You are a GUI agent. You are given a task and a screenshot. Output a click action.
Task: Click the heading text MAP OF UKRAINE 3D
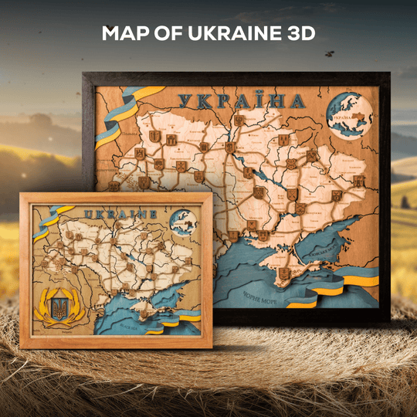[x=208, y=34]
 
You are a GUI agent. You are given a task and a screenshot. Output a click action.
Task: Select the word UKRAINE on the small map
[x=120, y=213]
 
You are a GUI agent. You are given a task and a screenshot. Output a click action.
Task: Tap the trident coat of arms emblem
[x=58, y=309]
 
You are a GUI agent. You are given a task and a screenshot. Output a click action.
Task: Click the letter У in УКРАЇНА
[x=186, y=101]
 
